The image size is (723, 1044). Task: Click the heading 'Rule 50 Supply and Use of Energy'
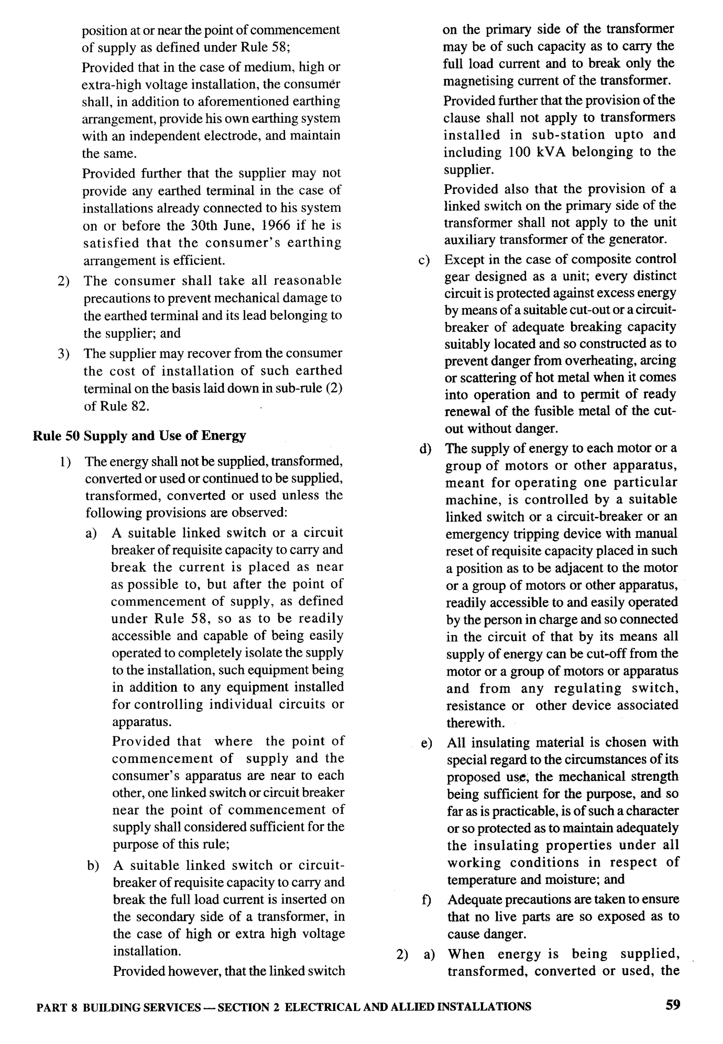[139, 436]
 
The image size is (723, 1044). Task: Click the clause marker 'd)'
[425, 449]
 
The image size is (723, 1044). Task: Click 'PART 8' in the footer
[56, 1007]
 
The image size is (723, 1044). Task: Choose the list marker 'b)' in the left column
[93, 866]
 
